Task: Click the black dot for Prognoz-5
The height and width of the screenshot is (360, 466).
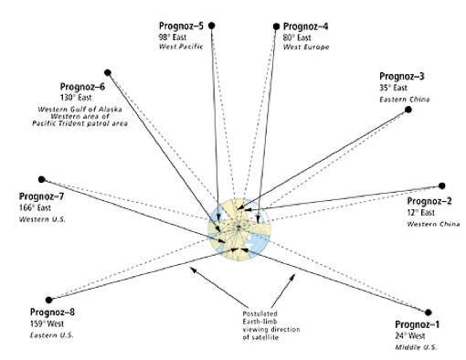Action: click(212, 26)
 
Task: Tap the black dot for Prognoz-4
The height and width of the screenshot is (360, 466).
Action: click(276, 26)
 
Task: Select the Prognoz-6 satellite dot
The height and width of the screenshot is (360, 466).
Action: click(108, 73)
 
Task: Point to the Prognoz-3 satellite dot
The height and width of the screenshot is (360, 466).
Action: click(408, 110)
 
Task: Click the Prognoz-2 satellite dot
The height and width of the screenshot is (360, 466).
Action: click(442, 185)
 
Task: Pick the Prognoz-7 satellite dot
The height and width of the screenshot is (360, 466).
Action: click(42, 179)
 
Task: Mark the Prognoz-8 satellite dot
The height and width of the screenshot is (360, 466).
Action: click(48, 300)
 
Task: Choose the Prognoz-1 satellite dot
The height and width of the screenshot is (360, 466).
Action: click(429, 312)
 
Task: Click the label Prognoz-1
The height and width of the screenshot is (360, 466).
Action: click(418, 324)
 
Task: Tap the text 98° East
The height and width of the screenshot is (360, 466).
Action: click(173, 37)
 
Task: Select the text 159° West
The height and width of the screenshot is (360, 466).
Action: click(47, 323)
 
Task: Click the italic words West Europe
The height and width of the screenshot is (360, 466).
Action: click(306, 48)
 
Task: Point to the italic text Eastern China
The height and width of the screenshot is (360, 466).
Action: click(405, 100)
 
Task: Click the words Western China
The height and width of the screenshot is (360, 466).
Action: click(433, 224)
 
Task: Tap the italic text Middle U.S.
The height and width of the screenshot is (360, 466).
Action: click(416, 347)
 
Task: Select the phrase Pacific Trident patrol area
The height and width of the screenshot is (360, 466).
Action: click(79, 123)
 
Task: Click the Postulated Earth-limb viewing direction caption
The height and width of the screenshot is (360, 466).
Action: click(271, 325)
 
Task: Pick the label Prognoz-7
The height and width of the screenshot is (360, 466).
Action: click(41, 196)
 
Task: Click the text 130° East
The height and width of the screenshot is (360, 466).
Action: click(76, 98)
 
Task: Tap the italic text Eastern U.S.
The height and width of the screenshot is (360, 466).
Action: click(52, 335)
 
